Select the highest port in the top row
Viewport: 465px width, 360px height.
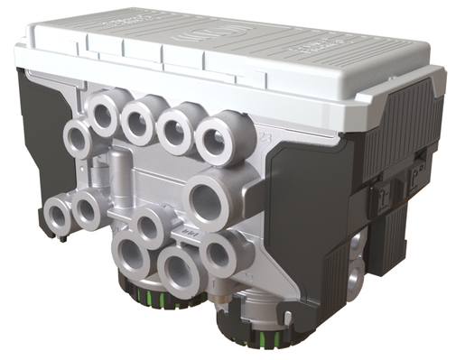pyautogui.click(x=105, y=114)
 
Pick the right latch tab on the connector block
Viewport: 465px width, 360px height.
pyautogui.click(x=414, y=177)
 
